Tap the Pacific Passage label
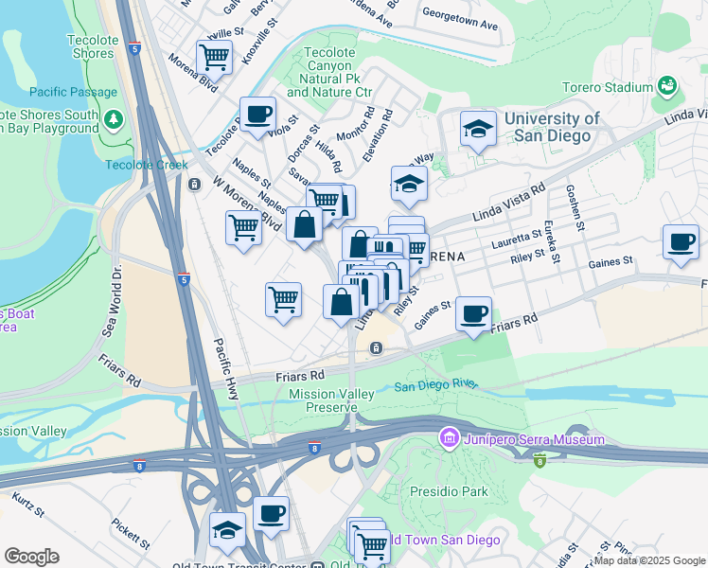point(72,92)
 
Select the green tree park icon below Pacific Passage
point(114,119)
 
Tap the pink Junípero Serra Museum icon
point(447,439)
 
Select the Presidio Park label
point(449,491)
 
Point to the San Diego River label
point(435,386)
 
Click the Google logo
point(31,556)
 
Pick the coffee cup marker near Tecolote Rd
point(257,115)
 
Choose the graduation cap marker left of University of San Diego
point(478,128)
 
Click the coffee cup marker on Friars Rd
point(473,312)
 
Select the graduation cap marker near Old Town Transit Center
point(227,528)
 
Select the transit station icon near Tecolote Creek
point(194,184)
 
